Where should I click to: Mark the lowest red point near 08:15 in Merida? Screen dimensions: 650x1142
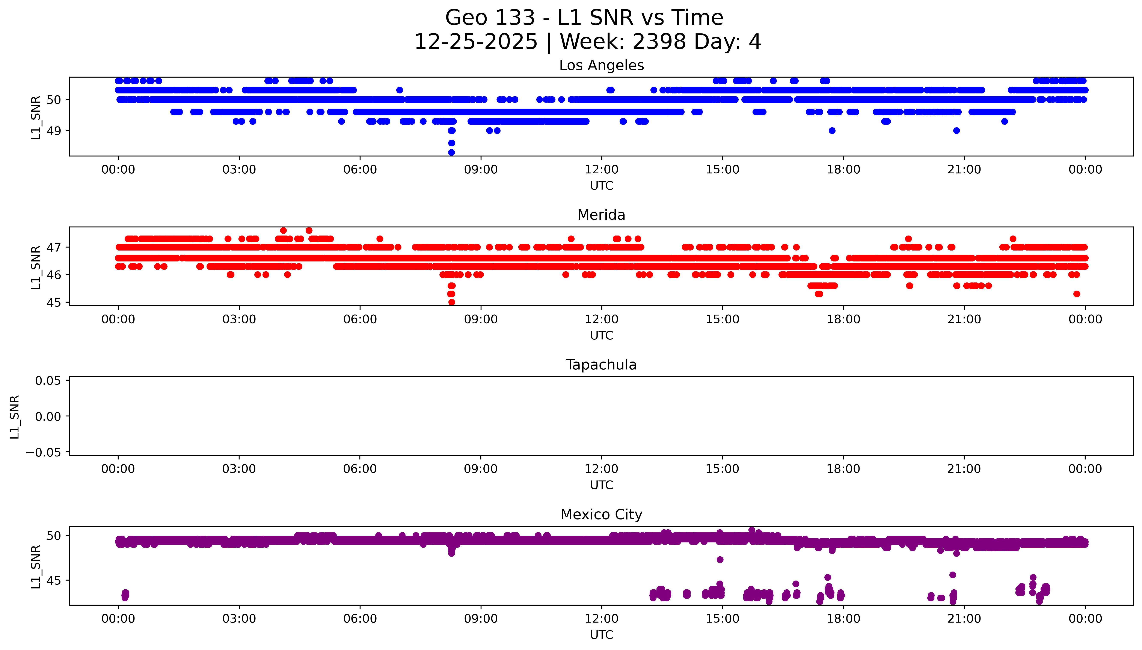click(x=451, y=302)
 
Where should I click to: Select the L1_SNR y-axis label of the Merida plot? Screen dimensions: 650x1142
click(x=36, y=267)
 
